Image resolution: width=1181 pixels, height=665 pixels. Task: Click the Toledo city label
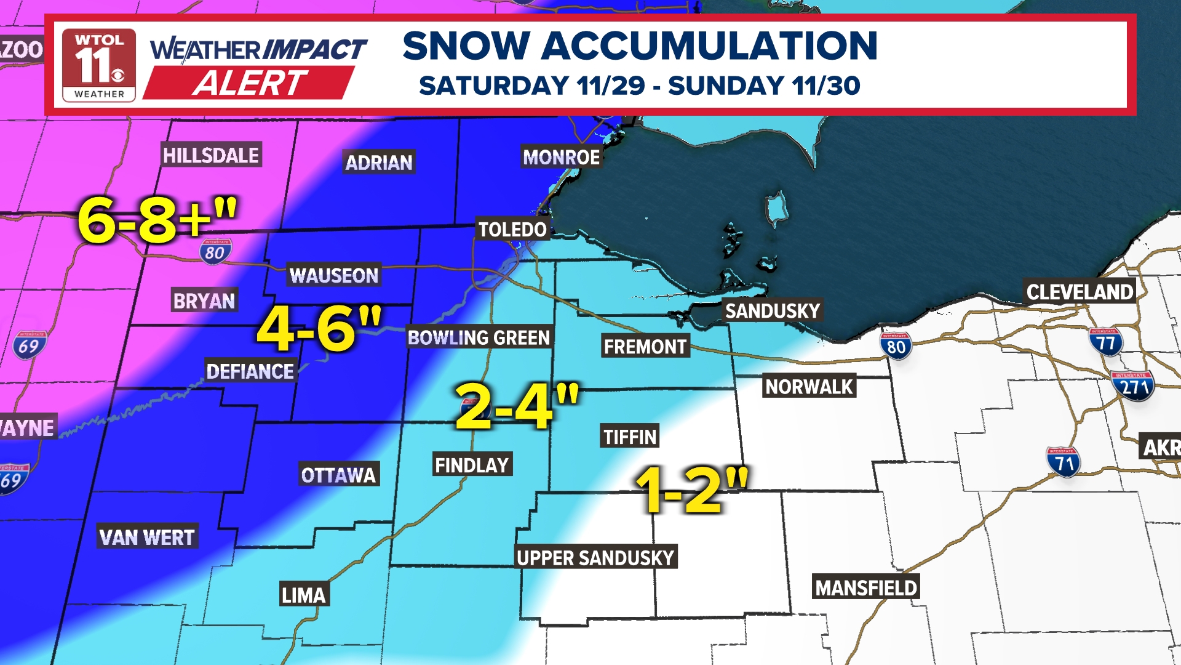click(512, 230)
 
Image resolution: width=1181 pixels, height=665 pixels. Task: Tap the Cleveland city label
click(1080, 292)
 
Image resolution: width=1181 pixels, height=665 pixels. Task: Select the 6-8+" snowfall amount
click(157, 220)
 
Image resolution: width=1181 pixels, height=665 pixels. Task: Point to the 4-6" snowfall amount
click(319, 329)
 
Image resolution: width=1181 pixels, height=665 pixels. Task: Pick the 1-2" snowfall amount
click(692, 490)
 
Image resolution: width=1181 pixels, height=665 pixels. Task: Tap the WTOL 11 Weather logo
click(99, 65)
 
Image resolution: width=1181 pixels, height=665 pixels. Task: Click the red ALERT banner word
click(249, 83)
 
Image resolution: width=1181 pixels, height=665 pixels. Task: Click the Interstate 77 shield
click(1105, 342)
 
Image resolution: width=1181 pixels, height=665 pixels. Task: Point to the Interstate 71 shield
click(1063, 462)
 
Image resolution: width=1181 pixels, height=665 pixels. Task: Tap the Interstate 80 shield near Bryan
click(215, 252)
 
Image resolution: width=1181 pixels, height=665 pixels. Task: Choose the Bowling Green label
click(479, 337)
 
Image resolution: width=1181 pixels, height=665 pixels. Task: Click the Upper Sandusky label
click(595, 557)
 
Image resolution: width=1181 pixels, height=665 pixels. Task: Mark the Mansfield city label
click(865, 587)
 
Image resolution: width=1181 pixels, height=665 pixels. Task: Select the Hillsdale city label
click(211, 155)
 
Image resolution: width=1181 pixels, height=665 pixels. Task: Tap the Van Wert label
click(146, 538)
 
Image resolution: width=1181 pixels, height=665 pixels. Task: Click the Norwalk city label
click(809, 387)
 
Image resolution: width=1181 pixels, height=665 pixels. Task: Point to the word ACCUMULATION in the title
click(709, 46)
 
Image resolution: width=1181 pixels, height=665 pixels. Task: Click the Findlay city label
click(472, 465)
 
